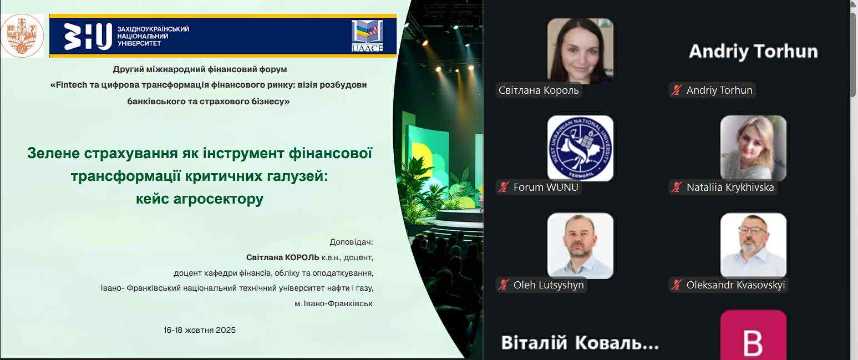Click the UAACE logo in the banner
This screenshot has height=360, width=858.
tap(367, 36)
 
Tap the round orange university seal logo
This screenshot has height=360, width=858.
tap(22, 36)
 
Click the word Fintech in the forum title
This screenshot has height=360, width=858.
tap(72, 85)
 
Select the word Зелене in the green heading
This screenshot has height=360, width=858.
tap(53, 153)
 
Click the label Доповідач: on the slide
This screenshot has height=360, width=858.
tap(351, 242)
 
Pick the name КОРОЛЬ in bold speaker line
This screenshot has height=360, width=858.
tap(302, 257)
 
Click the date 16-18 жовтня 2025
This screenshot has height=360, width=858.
tap(200, 330)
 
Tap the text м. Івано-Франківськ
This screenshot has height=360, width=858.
tap(334, 304)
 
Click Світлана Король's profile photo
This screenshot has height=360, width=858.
tap(580, 51)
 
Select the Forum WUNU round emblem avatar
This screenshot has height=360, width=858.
tap(580, 148)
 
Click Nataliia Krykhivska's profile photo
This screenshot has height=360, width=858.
tap(753, 148)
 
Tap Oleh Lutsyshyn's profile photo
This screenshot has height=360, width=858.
tap(580, 246)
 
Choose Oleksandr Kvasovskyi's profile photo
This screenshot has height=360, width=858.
tap(753, 246)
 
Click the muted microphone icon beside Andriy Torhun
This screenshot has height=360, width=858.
tap(677, 90)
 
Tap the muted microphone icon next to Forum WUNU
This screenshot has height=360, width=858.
tap(503, 187)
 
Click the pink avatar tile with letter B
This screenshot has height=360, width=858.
tap(753, 335)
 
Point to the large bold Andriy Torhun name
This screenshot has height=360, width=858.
tap(753, 52)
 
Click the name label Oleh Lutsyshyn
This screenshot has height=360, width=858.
tap(549, 285)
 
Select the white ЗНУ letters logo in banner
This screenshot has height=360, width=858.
tap(88, 36)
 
